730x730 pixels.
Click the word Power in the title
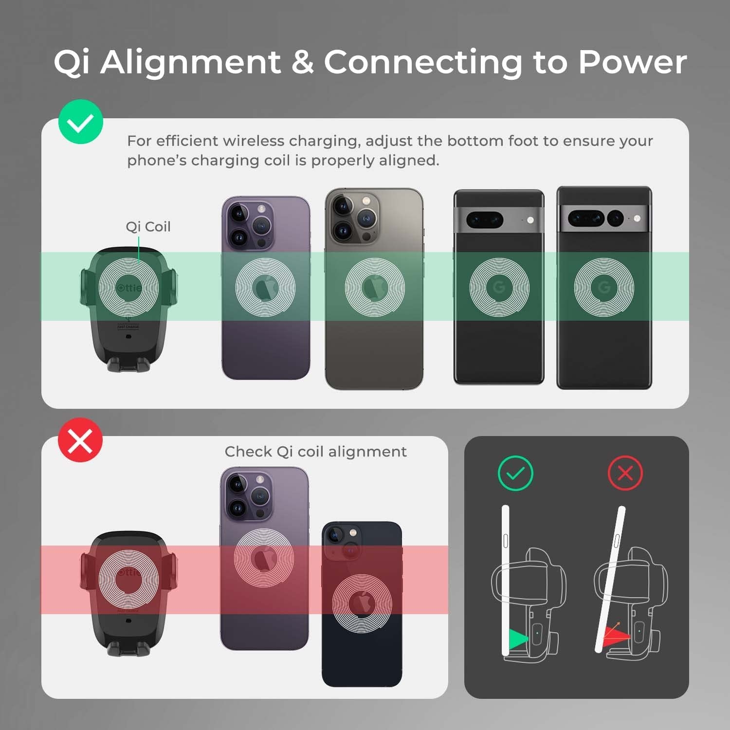tap(632, 62)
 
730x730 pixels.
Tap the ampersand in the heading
tap(303, 62)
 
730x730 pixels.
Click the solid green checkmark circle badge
tap(80, 122)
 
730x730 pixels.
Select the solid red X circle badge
tap(80, 440)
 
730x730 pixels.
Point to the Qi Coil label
tap(148, 227)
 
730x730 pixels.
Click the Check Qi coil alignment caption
tap(315, 452)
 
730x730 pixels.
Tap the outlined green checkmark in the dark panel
tap(516, 473)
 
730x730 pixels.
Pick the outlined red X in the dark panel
tap(625, 473)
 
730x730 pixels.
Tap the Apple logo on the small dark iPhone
tap(362, 603)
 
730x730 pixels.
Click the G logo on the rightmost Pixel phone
tap(604, 288)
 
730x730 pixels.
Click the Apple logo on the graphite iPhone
tap(375, 287)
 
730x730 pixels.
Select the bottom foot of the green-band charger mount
tap(128, 365)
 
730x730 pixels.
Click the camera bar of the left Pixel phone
tap(499, 219)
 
